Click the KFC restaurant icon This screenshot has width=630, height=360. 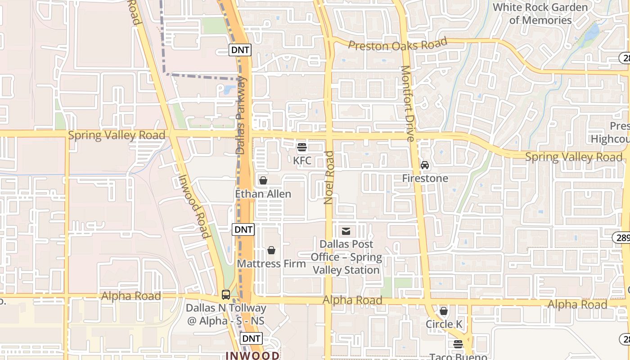[302, 147]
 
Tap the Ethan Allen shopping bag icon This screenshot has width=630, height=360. [263, 180]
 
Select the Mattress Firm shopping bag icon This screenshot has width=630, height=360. [271, 250]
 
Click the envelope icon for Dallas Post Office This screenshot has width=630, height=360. [346, 231]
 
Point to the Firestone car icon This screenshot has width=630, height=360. [425, 165]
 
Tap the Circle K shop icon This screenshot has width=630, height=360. [444, 311]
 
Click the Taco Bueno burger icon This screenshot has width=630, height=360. [458, 345]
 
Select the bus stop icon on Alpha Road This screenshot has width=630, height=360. [226, 295]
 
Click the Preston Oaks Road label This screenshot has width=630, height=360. [398, 45]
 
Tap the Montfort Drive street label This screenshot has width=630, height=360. [407, 103]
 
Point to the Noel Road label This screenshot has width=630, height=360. [329, 177]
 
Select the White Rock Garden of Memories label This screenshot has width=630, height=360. [540, 13]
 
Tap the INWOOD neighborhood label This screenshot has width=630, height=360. [252, 355]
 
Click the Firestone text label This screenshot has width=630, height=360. [425, 178]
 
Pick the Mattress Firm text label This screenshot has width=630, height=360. [271, 264]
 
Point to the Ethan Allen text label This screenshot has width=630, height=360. [263, 194]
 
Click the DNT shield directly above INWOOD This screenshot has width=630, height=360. [251, 338]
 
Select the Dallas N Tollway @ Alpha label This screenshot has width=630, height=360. [226, 315]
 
